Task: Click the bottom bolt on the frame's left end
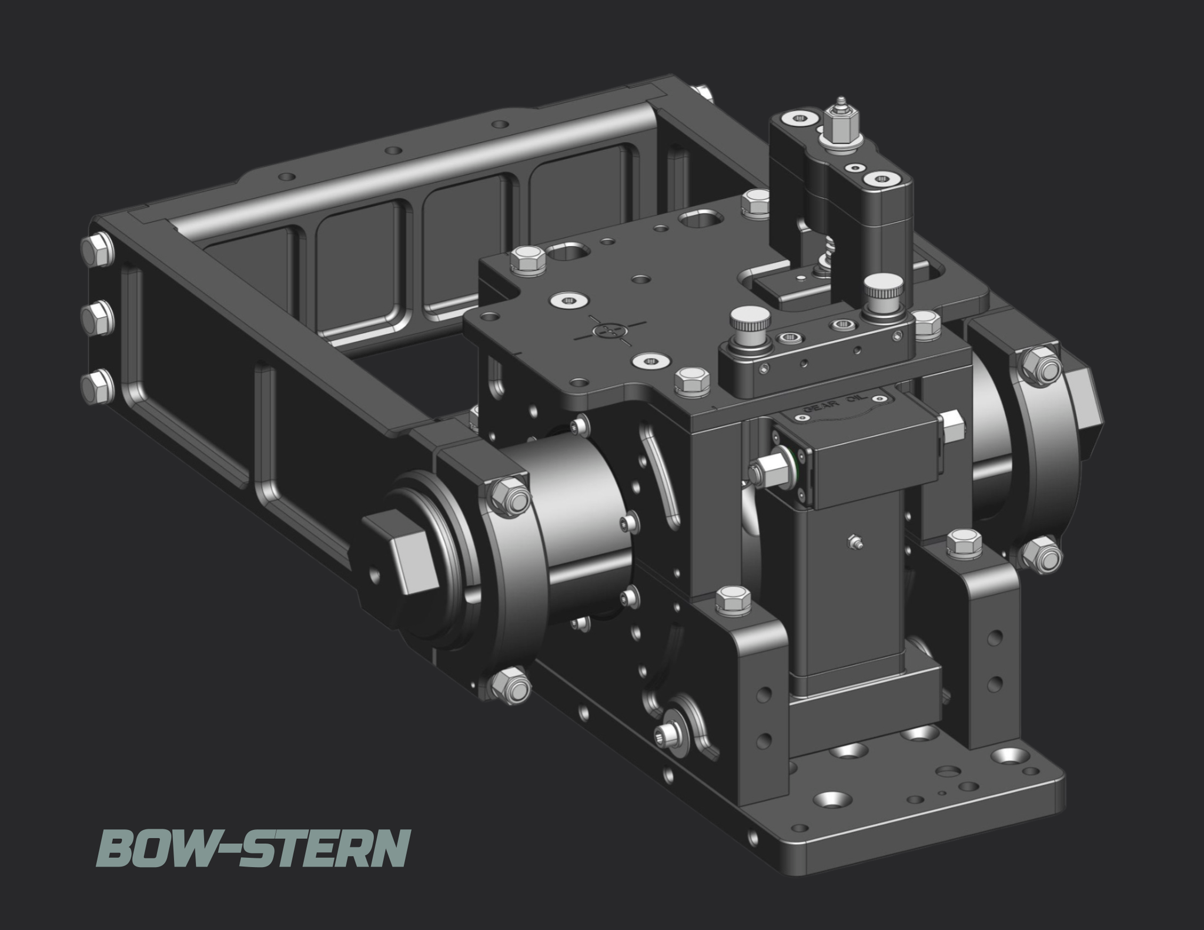tap(98, 386)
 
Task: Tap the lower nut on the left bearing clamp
tap(509, 683)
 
